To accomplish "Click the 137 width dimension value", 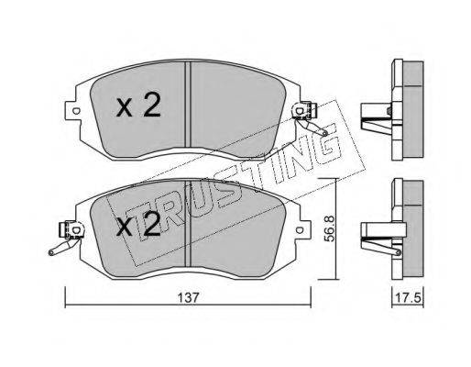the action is point(189,297).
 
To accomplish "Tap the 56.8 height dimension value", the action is point(329,228).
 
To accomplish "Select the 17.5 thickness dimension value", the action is point(408,297).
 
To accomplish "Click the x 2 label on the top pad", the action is point(138,105).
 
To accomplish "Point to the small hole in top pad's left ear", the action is point(75,111).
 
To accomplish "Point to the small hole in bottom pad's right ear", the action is point(300,230).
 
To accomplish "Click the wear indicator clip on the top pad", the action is point(309,117).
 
